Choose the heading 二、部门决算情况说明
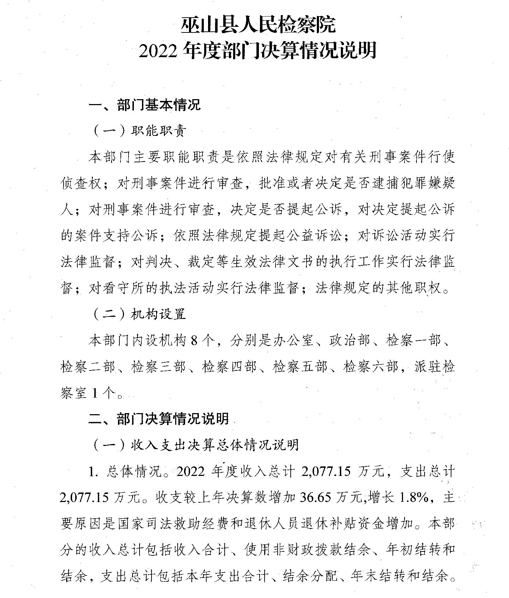159,419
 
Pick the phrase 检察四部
229,367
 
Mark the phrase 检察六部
371,367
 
